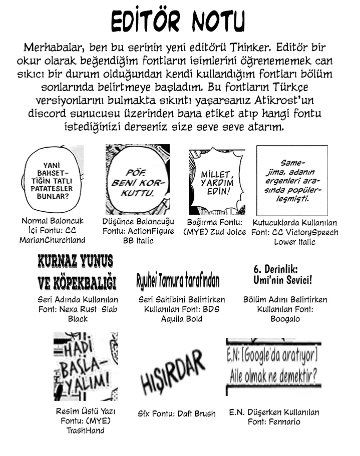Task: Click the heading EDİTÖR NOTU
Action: pos(178,23)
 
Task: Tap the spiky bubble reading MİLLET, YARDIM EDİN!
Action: pos(216,182)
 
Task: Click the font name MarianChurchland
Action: pos(53,240)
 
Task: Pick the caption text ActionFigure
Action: pos(150,231)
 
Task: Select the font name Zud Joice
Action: pos(228,232)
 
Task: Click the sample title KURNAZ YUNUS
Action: pos(75,261)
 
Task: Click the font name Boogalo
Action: pos(284,319)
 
